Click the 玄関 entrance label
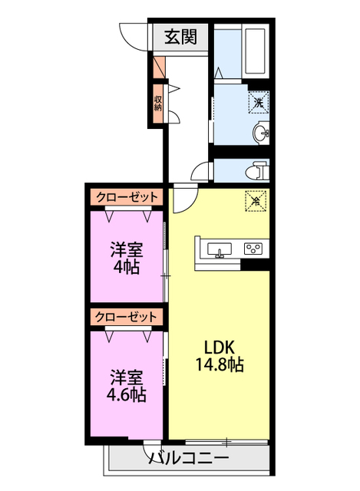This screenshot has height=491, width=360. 182,37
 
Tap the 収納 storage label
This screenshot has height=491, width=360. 158,102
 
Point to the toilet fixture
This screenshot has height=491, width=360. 258,168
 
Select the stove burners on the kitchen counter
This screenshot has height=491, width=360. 253,249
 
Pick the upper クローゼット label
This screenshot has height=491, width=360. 127,197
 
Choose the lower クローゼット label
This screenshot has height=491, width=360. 127,316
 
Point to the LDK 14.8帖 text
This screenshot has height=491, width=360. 218,354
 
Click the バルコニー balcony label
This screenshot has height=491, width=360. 188,459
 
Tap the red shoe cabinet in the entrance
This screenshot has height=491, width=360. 158,68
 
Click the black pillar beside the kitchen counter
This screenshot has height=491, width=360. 258,265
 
